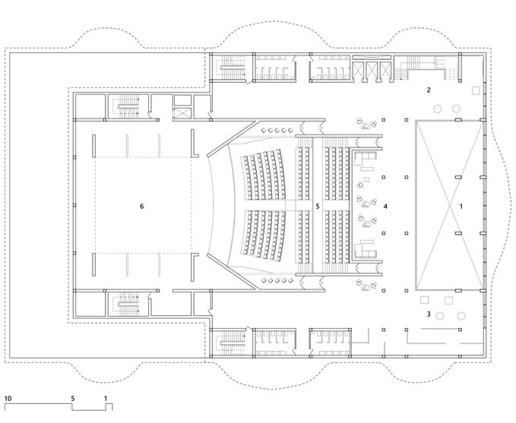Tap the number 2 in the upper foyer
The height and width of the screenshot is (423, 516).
pos(429,90)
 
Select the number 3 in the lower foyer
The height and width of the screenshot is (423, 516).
pos(429,314)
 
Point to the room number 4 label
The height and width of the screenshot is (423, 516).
pos(386,206)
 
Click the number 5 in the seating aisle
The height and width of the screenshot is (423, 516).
pos(318,206)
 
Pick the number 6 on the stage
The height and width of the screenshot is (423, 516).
pos(141,206)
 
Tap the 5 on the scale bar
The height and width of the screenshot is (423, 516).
pos(73,397)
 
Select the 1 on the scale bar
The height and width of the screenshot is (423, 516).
pos(106,397)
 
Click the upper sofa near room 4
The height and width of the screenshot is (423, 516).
pos(367,159)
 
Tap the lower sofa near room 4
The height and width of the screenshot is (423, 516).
pos(367,248)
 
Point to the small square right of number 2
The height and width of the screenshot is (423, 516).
pos(476,90)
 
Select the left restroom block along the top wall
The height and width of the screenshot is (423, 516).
pos(274,68)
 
